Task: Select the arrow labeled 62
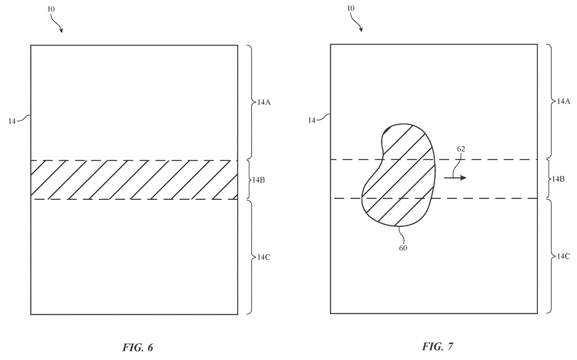pyautogui.click(x=455, y=177)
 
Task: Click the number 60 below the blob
pyautogui.click(x=403, y=248)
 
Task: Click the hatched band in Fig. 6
pyautogui.click(x=134, y=180)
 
